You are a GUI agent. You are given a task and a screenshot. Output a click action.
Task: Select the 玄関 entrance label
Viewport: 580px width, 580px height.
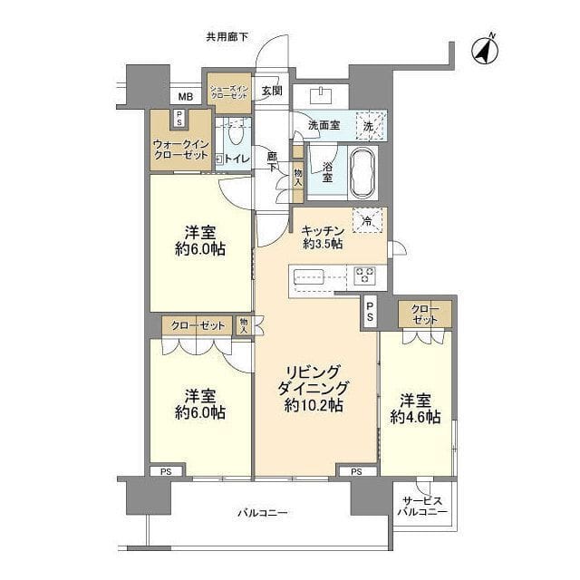pos(272,90)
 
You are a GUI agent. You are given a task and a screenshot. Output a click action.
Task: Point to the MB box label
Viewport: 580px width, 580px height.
pos(184,97)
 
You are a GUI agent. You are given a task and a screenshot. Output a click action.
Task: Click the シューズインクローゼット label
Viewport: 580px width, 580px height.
pos(231,92)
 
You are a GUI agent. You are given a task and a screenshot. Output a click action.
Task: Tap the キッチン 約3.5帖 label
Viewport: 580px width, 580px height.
pos(322,237)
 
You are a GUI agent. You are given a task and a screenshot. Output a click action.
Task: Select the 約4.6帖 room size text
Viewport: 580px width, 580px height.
pos(415,417)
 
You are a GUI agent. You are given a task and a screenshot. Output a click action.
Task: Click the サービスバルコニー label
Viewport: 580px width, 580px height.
pos(422,506)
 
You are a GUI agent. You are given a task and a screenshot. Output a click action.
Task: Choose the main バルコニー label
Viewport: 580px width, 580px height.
pos(263,513)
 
